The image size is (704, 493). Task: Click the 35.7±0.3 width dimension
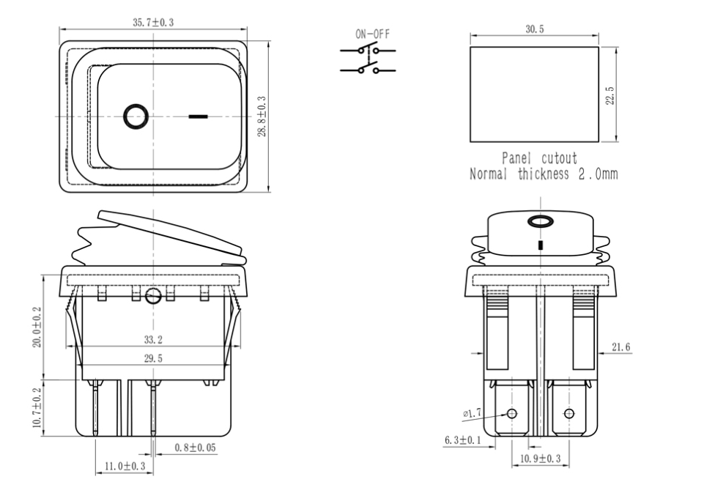pyautogui.click(x=153, y=23)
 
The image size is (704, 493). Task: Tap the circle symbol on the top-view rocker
pyautogui.click(x=136, y=116)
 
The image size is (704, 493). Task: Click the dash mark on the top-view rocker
pyautogui.click(x=198, y=116)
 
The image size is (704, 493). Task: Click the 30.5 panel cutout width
pyautogui.click(x=534, y=29)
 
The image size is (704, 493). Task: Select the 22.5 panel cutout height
pyautogui.click(x=610, y=94)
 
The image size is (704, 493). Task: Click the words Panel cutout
pyautogui.click(x=539, y=158)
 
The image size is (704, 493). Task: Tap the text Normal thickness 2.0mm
pyautogui.click(x=543, y=174)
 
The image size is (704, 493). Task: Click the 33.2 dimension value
pyautogui.click(x=153, y=340)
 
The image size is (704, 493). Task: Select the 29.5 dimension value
pyautogui.click(x=153, y=359)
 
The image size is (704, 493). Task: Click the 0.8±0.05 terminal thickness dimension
pyautogui.click(x=194, y=447)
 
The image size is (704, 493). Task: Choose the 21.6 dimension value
pyautogui.click(x=621, y=346)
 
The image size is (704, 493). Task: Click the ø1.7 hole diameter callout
pyautogui.click(x=473, y=414)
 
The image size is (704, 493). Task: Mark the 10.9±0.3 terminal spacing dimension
pyautogui.click(x=539, y=459)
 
